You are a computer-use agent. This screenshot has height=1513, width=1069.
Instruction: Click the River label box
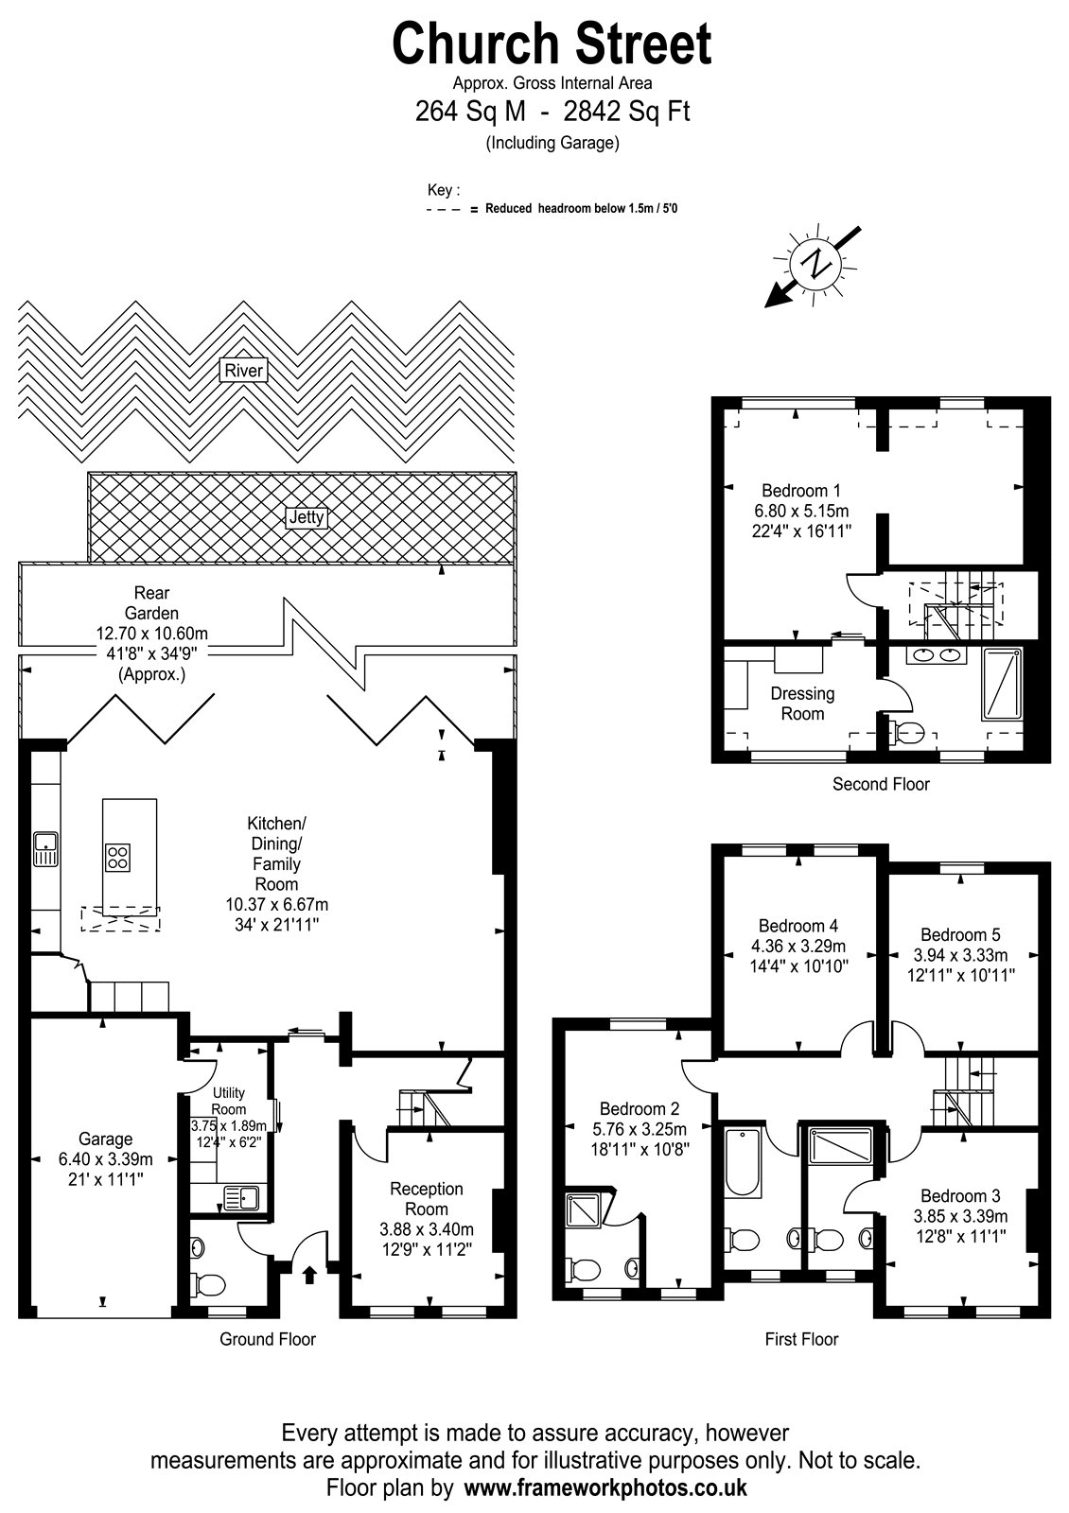click(x=243, y=370)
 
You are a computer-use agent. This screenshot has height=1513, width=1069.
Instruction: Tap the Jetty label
click(x=307, y=517)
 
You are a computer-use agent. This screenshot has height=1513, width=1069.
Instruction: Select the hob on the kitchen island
click(x=117, y=858)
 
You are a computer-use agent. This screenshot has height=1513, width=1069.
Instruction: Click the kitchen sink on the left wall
click(x=45, y=849)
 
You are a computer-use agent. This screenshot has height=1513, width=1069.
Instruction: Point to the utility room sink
click(x=240, y=1198)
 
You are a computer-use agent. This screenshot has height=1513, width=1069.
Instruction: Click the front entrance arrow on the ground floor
click(x=310, y=1275)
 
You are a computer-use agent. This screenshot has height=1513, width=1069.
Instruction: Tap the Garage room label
click(x=105, y=1139)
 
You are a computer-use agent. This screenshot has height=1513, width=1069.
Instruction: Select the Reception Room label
click(x=427, y=1198)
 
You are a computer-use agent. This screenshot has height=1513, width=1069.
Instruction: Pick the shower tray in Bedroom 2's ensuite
click(x=583, y=1210)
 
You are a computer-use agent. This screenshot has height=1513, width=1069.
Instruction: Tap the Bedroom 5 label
click(x=960, y=934)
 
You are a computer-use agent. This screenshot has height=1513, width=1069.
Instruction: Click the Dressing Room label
click(x=803, y=704)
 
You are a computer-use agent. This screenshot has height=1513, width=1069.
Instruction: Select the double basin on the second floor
click(x=936, y=653)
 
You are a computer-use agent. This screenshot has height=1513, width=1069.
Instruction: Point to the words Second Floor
click(x=881, y=784)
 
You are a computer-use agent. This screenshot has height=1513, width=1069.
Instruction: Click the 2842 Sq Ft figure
click(x=626, y=111)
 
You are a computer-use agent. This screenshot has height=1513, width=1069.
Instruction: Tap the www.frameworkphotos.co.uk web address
click(x=606, y=1487)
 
